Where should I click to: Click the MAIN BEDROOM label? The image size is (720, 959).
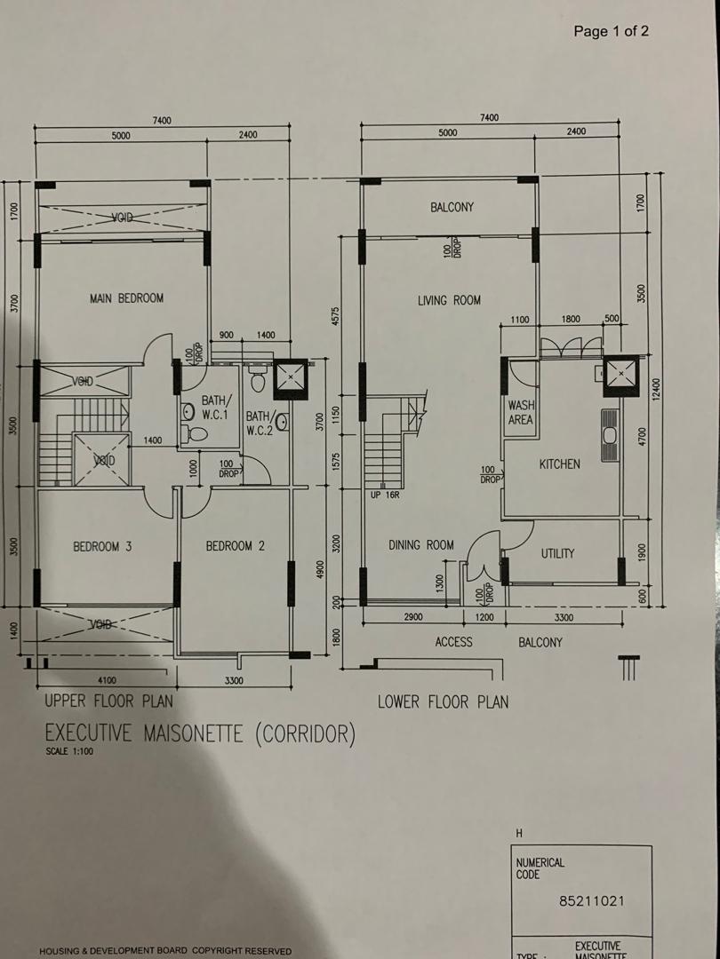pyautogui.click(x=126, y=298)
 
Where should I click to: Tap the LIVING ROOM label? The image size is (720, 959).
pyautogui.click(x=449, y=301)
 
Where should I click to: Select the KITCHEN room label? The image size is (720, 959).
pyautogui.click(x=559, y=464)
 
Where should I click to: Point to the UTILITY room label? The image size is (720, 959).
pyautogui.click(x=557, y=553)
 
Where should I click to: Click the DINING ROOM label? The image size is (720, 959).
pyautogui.click(x=420, y=545)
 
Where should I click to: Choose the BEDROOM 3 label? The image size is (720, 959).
pyautogui.click(x=102, y=547)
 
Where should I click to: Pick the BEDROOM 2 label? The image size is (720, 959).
pyautogui.click(x=236, y=547)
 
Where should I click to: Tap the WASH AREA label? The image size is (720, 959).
pyautogui.click(x=520, y=413)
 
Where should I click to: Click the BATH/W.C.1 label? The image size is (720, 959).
pyautogui.click(x=215, y=408)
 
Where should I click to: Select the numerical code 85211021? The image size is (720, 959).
pyautogui.click(x=592, y=900)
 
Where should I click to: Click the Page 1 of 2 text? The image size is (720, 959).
pyautogui.click(x=611, y=32)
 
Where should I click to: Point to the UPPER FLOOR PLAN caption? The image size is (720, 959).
pyautogui.click(x=108, y=701)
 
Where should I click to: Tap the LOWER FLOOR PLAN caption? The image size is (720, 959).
pyautogui.click(x=443, y=702)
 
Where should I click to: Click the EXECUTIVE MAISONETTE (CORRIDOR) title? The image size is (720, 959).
pyautogui.click(x=200, y=734)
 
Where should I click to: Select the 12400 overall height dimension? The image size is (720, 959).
pyautogui.click(x=656, y=388)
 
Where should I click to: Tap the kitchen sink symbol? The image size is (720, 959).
pyautogui.click(x=609, y=435)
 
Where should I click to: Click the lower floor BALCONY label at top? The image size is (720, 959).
pyautogui.click(x=452, y=208)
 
